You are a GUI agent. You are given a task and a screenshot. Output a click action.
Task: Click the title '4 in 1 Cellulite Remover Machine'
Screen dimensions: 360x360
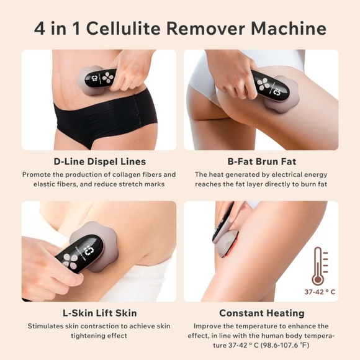180,28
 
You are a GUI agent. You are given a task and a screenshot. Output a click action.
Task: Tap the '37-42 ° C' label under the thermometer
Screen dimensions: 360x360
318,290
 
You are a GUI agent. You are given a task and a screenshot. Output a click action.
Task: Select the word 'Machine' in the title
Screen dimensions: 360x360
293,28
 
